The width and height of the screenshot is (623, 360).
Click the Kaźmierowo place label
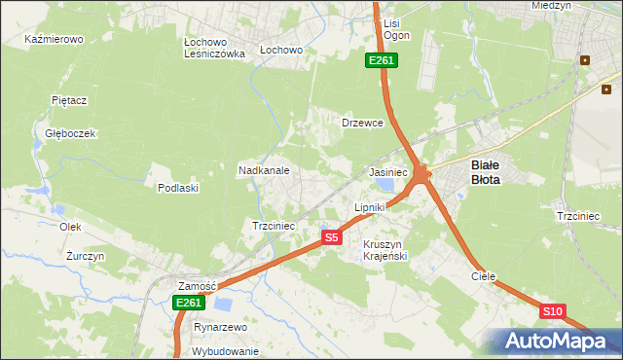click(x=55, y=40)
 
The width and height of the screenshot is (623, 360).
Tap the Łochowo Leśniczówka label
click(x=214, y=49)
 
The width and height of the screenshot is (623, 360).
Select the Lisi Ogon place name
click(x=396, y=28)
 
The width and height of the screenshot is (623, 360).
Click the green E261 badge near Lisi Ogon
click(x=381, y=60)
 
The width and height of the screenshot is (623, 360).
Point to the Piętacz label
click(x=70, y=100)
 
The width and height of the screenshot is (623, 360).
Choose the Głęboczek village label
click(x=63, y=133)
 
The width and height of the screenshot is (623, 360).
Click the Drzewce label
click(x=362, y=124)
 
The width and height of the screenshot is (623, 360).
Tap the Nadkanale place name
click(x=264, y=170)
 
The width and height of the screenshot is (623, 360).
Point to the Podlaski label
click(x=178, y=188)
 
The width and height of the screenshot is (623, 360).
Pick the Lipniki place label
click(x=370, y=207)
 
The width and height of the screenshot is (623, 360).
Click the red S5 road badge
click(x=331, y=237)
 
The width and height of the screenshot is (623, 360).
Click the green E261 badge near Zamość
click(x=189, y=303)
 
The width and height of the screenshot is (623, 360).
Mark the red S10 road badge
click(x=552, y=311)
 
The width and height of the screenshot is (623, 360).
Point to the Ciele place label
click(x=484, y=276)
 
